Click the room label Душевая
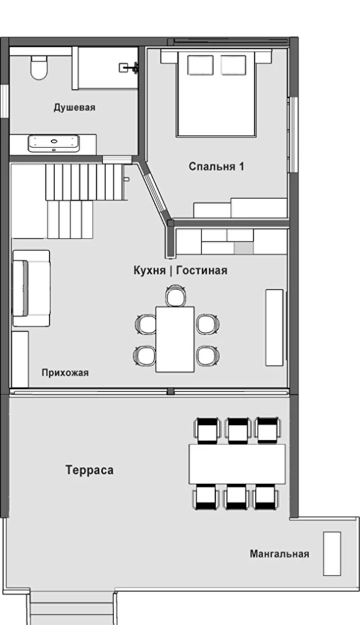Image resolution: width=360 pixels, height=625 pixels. coord(75,107)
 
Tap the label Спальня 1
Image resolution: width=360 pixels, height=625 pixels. coord(216,166)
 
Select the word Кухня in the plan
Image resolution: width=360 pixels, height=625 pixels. coord(149,270)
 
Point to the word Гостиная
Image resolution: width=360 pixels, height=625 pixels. coord(202,270)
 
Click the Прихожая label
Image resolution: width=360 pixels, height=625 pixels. coord(65,372)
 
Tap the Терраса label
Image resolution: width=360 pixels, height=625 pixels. coord(90,470)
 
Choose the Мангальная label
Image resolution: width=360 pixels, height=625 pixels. coord(279,553)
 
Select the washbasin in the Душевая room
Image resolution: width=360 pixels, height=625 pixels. coord(54,143)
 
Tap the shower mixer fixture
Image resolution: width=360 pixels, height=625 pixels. coord(129,68)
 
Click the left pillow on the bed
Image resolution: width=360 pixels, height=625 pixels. coord(201,65)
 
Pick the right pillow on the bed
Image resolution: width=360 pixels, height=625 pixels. coord(234,65)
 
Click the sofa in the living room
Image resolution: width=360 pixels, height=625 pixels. coord(31,288)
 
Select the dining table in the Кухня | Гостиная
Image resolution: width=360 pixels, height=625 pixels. coord(175,339)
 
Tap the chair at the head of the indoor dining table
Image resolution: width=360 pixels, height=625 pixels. coord(176,296)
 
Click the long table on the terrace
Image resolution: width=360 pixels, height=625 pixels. coord(237,464)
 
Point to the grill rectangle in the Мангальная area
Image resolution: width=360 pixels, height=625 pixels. coord(332,553)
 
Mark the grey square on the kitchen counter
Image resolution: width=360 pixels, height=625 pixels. coord(243,248)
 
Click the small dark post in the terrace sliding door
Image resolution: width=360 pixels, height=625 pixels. coord(171,391)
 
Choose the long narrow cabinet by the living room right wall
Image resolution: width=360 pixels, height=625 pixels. coord(274,327)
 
